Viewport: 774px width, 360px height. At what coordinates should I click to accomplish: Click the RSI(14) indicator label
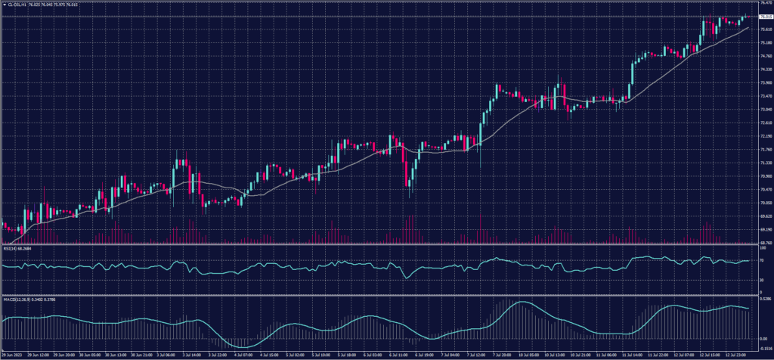pyautogui.click(x=9, y=247)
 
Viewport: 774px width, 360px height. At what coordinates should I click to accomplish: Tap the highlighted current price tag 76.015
pyautogui.click(x=762, y=16)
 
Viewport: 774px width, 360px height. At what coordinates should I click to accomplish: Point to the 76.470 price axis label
pyautogui.click(x=762, y=3)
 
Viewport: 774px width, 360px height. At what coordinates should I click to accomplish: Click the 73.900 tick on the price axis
pyautogui.click(x=762, y=83)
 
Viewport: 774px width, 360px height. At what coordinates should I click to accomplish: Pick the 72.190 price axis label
pyautogui.click(x=762, y=136)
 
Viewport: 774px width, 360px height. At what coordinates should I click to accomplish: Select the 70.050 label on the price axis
pyautogui.click(x=762, y=203)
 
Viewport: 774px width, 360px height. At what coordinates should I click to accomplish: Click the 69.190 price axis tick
pyautogui.click(x=762, y=229)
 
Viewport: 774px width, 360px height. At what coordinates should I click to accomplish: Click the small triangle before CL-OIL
pyautogui.click(x=4, y=4)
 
